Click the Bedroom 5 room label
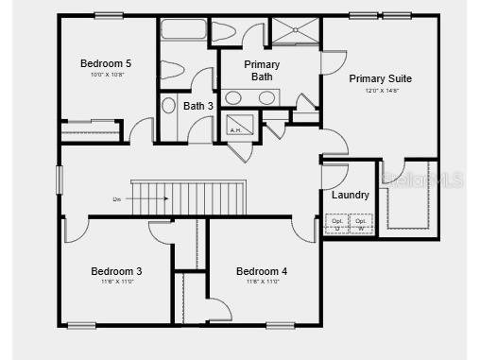coord(105,63)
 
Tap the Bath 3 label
coord(197,106)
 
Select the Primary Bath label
coord(261,71)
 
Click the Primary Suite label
coord(380,78)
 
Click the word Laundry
coord(351,195)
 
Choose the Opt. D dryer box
coord(337,224)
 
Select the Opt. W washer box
coord(361,224)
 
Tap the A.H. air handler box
coord(236,126)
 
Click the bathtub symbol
coord(183,28)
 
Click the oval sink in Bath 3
coord(169,105)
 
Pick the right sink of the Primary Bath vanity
coord(267,97)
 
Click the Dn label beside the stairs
coord(116,199)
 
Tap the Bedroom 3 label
coord(117,270)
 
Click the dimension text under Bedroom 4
coord(262,282)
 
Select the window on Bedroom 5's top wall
coord(109,15)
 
